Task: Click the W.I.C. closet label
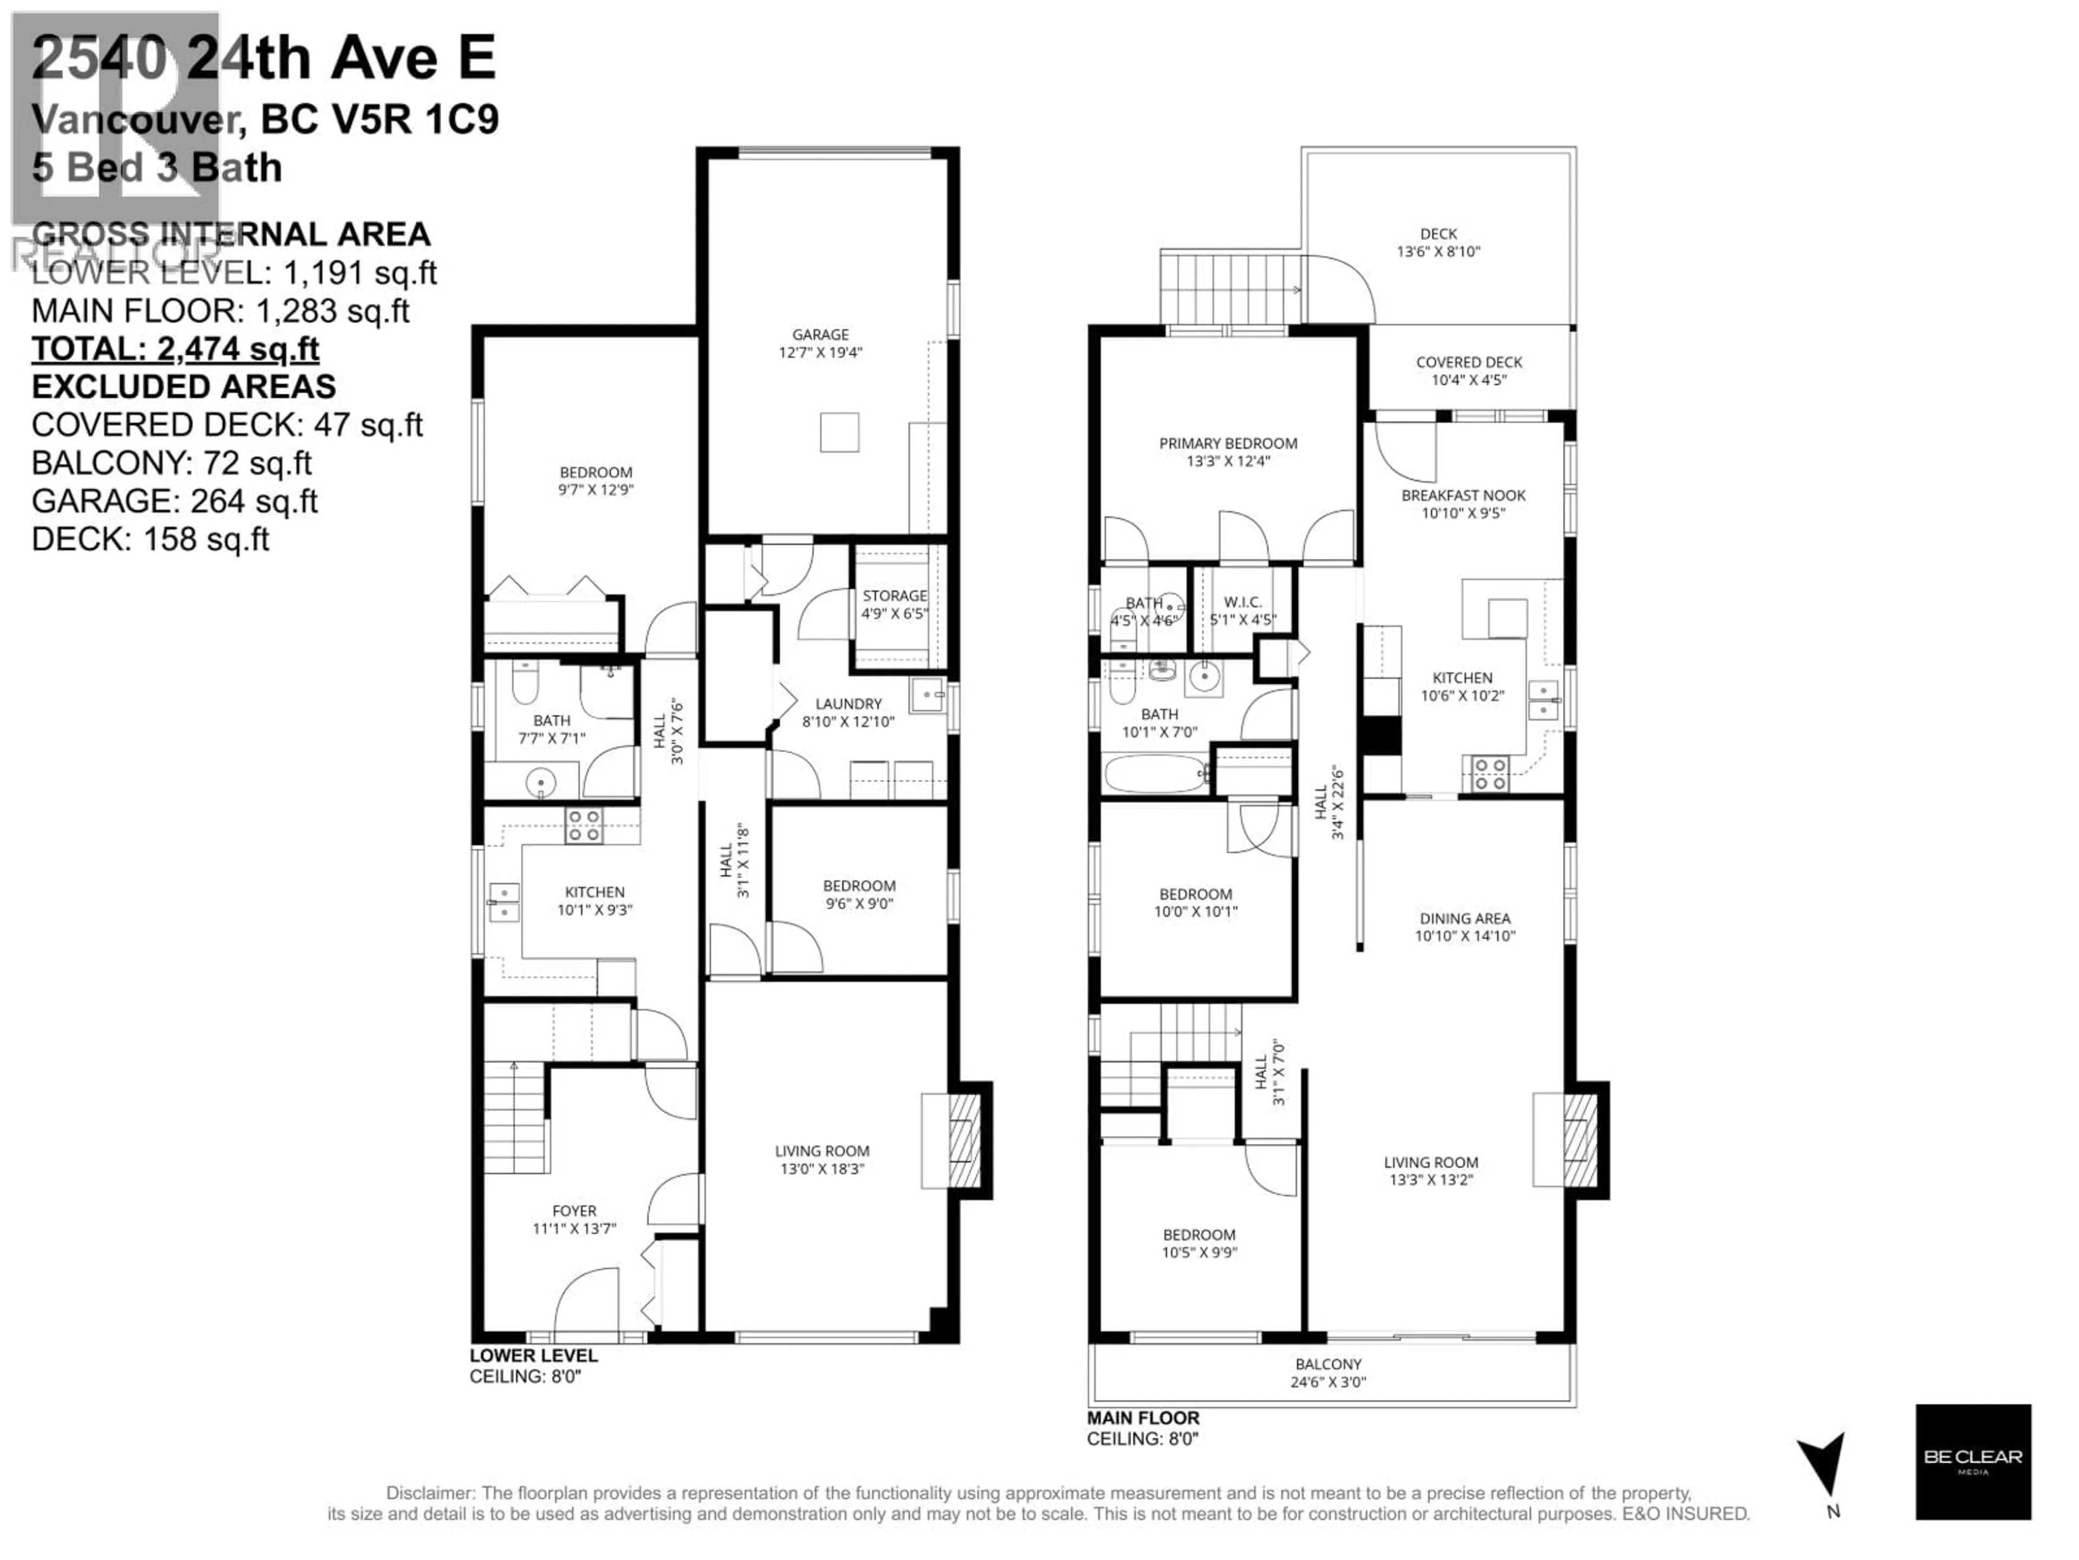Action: click(x=1243, y=602)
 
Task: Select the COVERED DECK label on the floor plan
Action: click(x=1468, y=362)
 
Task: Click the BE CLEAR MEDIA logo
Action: click(x=1973, y=1461)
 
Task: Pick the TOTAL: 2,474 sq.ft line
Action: click(x=176, y=349)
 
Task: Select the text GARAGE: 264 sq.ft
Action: click(x=175, y=501)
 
